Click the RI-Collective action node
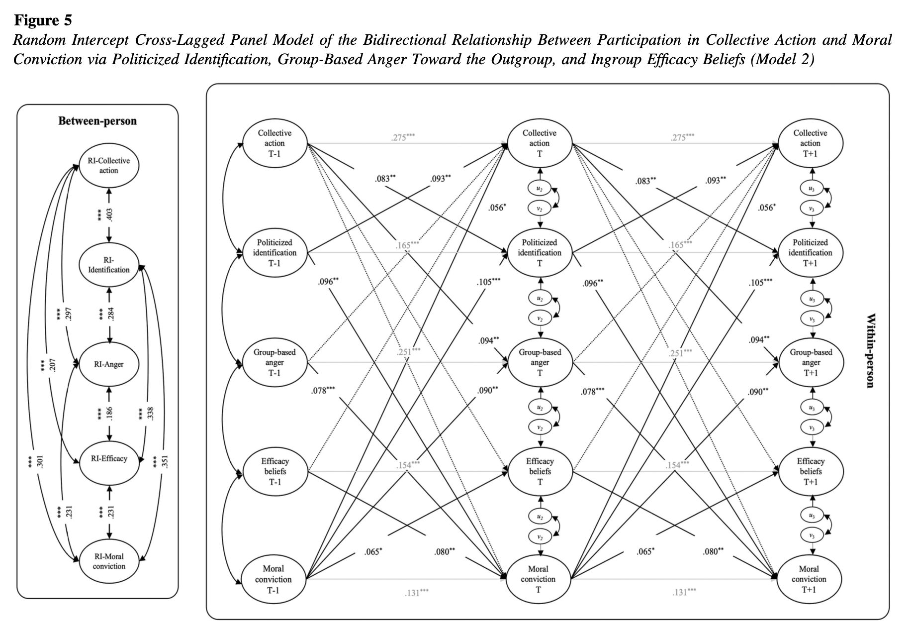109,166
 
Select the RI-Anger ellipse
109,364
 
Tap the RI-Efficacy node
109,459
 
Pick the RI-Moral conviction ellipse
109,561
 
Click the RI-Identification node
109,265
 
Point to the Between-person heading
97,121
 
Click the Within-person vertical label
870,350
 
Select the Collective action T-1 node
274,143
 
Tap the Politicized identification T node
540,253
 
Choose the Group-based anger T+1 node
811,362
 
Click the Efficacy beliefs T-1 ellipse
275,471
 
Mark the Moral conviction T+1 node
809,579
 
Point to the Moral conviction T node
538,579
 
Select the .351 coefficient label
166,462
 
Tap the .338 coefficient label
151,413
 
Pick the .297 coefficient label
69,314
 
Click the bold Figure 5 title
43,20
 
